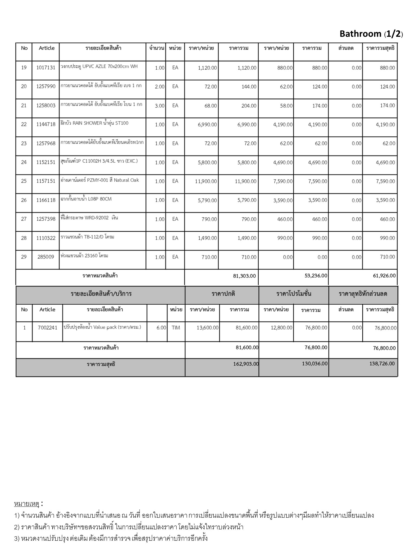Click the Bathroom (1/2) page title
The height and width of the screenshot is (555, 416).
tap(371, 34)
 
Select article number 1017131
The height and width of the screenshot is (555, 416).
tap(45, 67)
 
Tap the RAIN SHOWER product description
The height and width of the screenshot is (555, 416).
tap(94, 123)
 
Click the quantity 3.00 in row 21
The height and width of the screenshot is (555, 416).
tap(160, 106)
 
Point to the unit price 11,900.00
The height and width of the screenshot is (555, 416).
tap(206, 181)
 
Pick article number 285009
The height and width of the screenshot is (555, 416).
tap(45, 257)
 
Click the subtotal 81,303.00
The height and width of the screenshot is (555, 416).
tap(244, 276)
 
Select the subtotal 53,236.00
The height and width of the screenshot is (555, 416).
tap(316, 276)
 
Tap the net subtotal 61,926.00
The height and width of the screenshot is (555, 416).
tap(384, 276)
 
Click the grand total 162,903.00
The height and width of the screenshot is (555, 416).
tap(246, 364)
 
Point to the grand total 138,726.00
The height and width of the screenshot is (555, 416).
tap(382, 363)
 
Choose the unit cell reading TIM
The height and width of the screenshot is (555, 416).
tap(175, 328)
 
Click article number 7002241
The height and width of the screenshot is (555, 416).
tap(47, 328)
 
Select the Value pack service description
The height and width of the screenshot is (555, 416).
tap(102, 327)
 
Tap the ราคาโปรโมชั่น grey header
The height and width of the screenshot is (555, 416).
tap(294, 294)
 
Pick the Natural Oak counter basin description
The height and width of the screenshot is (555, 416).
tap(100, 180)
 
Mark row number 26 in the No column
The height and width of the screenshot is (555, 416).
tap(24, 200)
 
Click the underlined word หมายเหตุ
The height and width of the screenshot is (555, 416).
tap(27, 504)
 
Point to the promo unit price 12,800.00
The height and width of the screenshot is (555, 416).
tap(281, 328)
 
